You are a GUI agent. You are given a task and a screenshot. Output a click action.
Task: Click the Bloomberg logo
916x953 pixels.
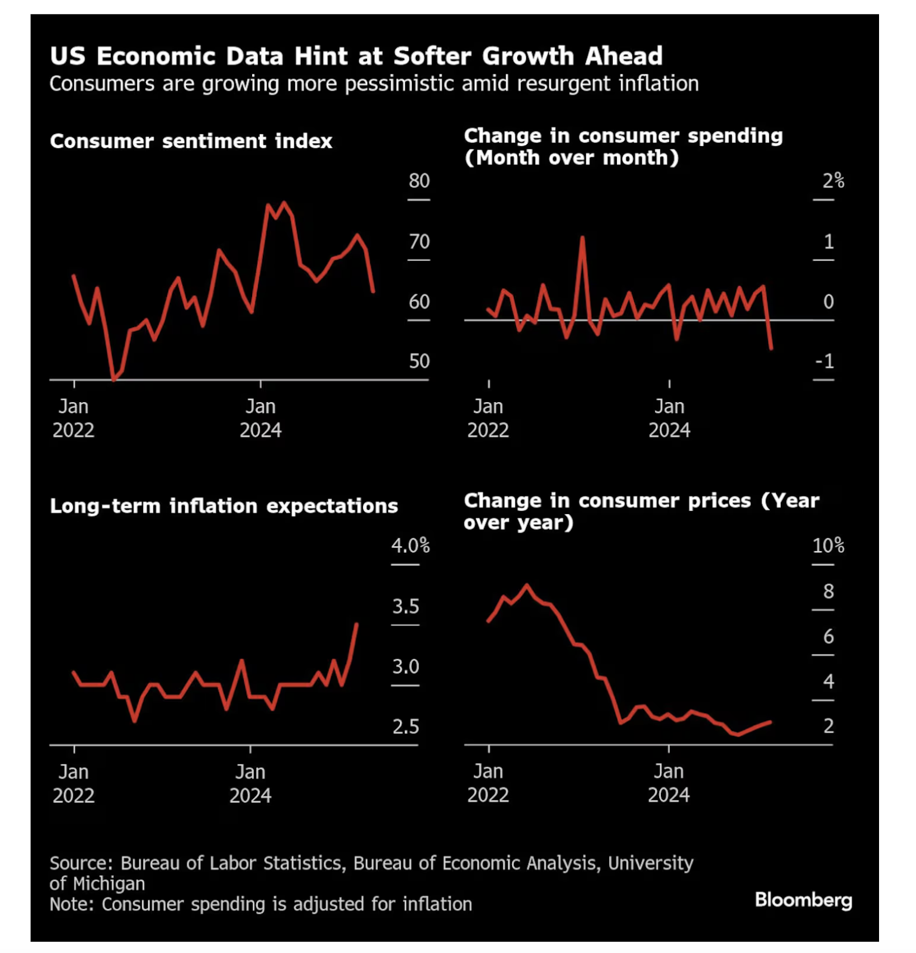click(803, 899)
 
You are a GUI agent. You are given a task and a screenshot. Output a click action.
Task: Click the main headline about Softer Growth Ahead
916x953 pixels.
click(356, 56)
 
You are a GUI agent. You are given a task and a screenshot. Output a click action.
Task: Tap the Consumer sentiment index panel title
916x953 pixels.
click(191, 141)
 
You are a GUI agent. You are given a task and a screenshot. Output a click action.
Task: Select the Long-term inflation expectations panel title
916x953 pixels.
click(223, 506)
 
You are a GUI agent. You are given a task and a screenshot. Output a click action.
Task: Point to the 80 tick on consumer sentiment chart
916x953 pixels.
click(419, 181)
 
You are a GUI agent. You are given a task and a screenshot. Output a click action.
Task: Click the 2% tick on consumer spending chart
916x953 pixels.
click(833, 181)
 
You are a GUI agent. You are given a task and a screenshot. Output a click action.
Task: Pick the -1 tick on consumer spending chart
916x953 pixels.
click(824, 362)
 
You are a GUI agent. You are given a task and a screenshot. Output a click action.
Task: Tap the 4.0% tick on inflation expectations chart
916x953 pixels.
click(410, 546)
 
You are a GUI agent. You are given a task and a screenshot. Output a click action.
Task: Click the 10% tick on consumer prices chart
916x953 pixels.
click(828, 546)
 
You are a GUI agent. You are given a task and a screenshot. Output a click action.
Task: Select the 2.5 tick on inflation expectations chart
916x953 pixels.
click(405, 727)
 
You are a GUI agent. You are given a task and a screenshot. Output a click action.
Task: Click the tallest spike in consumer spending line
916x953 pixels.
click(582, 238)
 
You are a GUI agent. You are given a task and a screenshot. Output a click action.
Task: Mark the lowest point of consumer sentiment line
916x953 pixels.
click(113, 379)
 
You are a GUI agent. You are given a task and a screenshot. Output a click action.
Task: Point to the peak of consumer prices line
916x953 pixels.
click(527, 585)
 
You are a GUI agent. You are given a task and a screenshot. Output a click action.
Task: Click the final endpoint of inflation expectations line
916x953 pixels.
click(356, 624)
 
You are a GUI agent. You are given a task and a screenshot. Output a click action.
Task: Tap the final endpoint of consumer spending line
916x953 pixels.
click(771, 348)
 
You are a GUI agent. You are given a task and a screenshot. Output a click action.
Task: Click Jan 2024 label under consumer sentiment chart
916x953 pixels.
click(260, 418)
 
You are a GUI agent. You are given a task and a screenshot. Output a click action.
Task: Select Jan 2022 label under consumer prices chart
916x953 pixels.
click(488, 783)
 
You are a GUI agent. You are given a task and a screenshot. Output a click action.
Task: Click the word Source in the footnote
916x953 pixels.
click(81, 863)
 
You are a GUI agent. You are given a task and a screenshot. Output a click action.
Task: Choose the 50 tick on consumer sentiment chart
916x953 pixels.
click(419, 362)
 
